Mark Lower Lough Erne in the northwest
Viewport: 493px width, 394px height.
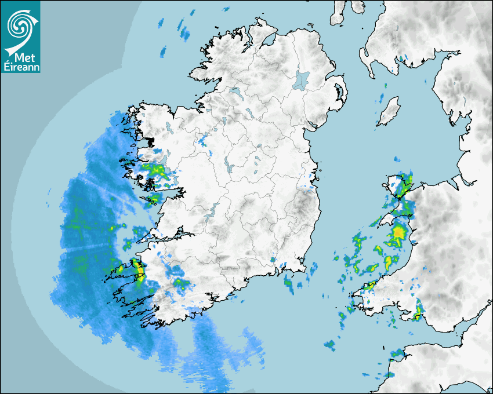point(236,92)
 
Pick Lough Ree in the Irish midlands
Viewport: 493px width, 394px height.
point(229,168)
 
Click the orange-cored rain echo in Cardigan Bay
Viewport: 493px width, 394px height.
point(398,234)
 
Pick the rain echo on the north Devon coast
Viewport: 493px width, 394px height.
point(397,353)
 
